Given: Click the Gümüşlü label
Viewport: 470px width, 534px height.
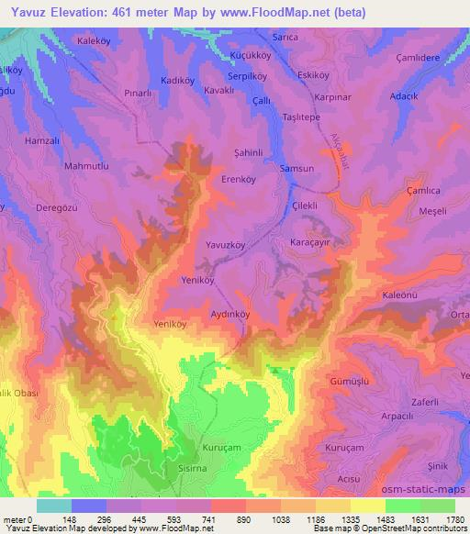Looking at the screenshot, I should (x=348, y=379).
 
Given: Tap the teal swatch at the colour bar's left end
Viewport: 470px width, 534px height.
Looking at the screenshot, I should (x=53, y=506).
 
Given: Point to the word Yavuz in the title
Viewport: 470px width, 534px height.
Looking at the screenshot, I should (x=26, y=12).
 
